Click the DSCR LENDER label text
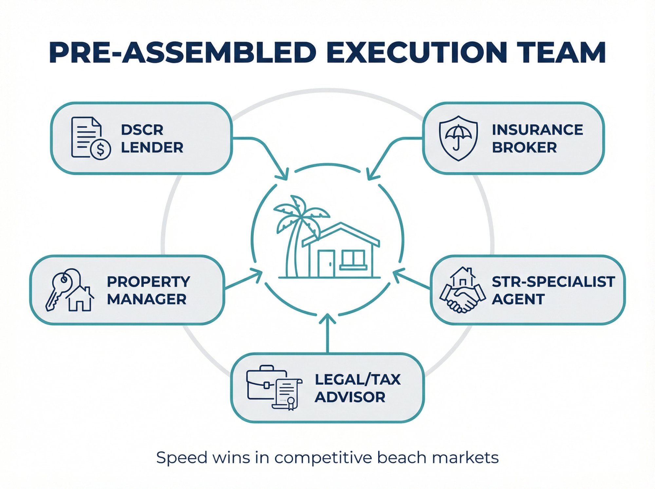(152, 139)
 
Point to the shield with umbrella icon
(458, 138)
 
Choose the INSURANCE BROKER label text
(537, 139)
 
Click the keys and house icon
(70, 290)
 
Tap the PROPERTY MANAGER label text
(148, 290)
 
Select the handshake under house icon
(462, 290)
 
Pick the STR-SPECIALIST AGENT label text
(553, 290)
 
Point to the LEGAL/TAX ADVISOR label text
(357, 388)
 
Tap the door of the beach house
(326, 264)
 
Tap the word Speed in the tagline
(181, 458)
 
